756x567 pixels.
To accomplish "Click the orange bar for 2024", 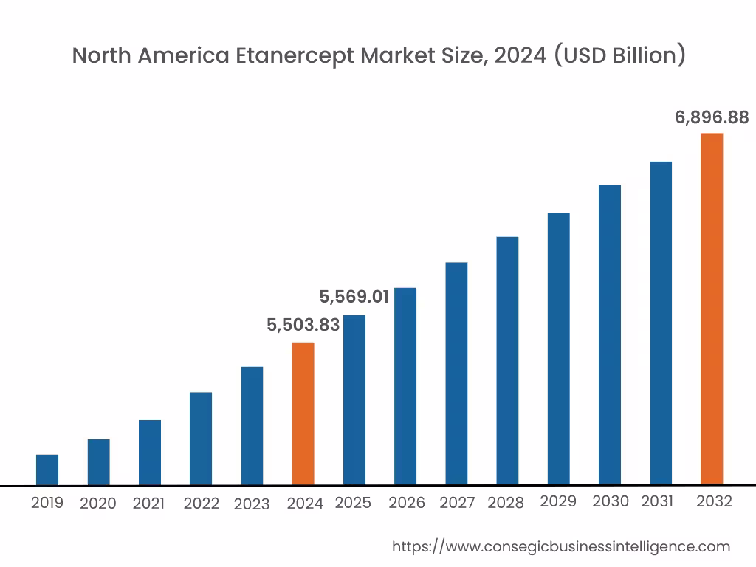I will tap(303, 413).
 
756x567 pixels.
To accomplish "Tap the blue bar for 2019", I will tap(47, 470).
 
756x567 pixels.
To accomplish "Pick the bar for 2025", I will tap(354, 399).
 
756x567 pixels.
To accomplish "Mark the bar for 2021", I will tap(150, 452).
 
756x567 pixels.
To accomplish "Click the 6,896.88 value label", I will tap(712, 117).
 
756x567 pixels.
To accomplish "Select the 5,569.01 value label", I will tap(354, 297).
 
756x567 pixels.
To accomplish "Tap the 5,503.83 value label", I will tap(303, 325).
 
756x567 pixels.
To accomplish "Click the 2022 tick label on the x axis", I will tap(201, 504).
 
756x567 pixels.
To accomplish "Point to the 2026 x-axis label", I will tap(407, 503).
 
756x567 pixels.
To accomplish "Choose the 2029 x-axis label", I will tap(558, 501).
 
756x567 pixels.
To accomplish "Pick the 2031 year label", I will tap(657, 501).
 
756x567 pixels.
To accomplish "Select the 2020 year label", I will tap(98, 504).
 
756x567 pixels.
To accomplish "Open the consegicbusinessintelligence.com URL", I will tap(560, 546).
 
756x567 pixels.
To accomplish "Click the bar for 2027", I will tap(456, 374).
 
